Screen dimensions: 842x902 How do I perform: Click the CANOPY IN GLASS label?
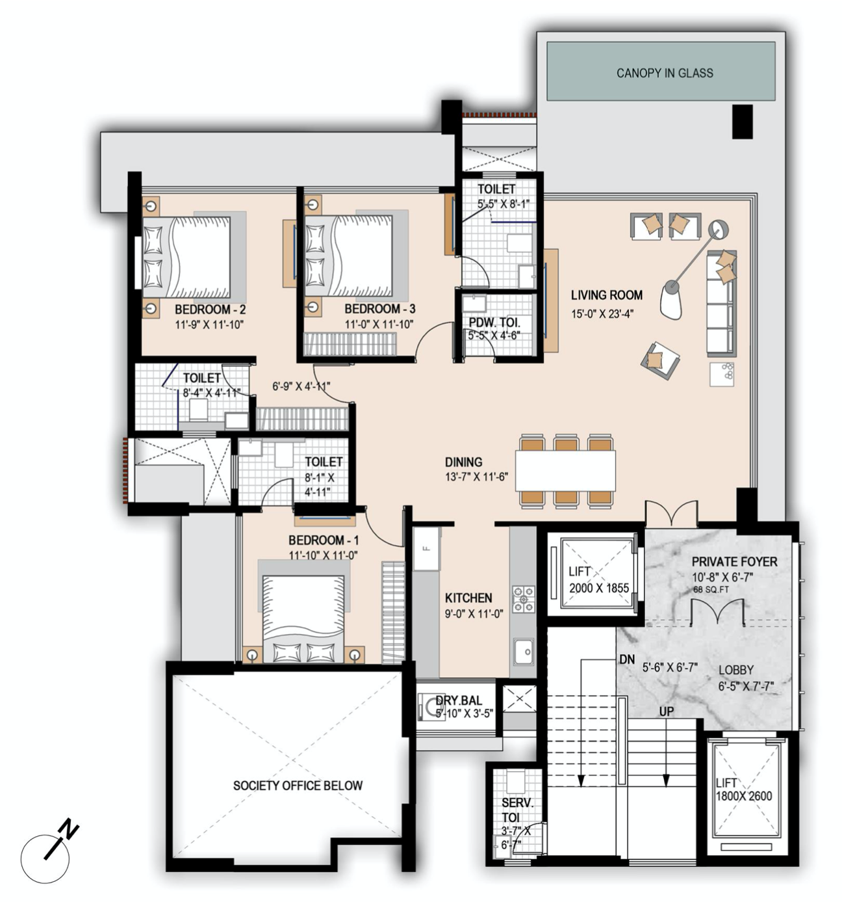[664, 73]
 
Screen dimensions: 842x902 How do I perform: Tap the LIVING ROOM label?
[606, 295]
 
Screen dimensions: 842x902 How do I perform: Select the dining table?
[565, 471]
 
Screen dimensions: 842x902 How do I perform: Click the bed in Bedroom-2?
[186, 257]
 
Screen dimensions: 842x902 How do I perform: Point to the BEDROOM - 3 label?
[379, 309]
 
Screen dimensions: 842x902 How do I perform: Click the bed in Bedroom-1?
[303, 618]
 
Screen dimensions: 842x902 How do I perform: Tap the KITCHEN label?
[468, 598]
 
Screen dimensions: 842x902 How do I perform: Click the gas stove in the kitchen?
[524, 599]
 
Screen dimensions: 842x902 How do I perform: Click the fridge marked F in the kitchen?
[426, 548]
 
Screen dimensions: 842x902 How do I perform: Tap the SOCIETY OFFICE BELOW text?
[298, 786]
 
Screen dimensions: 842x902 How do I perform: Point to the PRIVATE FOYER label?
[734, 562]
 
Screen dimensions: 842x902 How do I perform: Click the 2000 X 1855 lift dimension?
[599, 588]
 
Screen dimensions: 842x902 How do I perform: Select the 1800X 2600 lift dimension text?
[743, 796]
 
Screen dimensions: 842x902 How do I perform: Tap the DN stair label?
[627, 659]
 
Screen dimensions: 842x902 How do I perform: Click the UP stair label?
[667, 711]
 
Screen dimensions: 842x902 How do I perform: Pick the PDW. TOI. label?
[494, 323]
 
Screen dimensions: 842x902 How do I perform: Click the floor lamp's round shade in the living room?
[719, 229]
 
